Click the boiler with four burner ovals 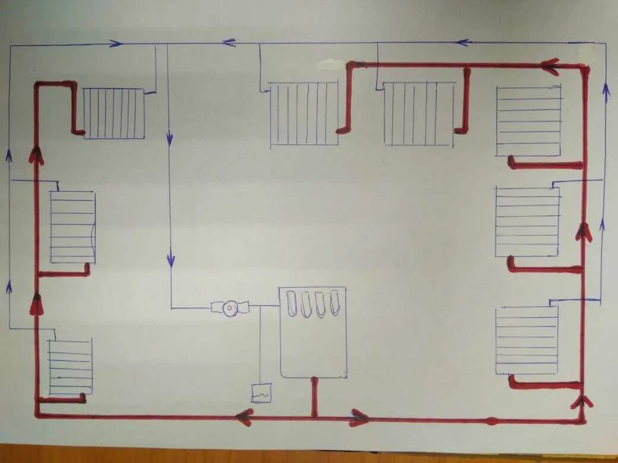313,332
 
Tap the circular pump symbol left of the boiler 230,308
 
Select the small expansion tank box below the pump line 261,393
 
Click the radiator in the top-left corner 114,113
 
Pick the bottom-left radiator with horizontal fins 71,367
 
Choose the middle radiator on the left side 72,227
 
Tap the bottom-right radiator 526,340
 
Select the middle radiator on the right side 527,222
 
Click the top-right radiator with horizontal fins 528,121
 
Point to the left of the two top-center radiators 304,113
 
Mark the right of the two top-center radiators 420,113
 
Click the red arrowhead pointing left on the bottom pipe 244,417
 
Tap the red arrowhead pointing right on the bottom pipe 358,418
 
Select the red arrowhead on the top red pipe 551,66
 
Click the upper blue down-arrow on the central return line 169,139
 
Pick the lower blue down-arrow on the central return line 171,259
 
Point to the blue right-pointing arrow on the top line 116,43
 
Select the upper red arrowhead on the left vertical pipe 36,156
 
